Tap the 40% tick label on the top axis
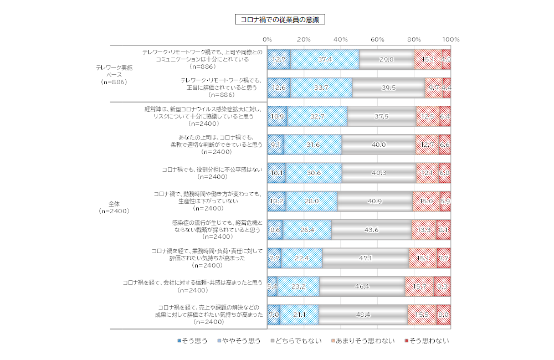341,39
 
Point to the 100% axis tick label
451,39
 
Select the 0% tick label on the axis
267,39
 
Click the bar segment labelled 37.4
325,59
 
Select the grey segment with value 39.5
388,88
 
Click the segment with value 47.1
366,258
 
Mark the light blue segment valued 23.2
299,286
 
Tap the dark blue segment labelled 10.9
277,116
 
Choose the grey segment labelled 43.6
371,229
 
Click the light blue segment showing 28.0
311,201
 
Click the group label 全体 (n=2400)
114,208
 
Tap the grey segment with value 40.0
378,145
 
